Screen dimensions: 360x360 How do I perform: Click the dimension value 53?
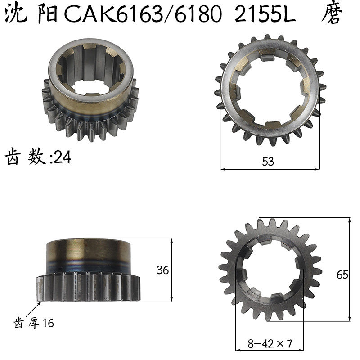pyautogui.click(x=268, y=162)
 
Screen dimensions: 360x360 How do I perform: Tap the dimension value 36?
pyautogui.click(x=162, y=270)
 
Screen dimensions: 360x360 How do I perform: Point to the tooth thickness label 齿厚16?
pyautogui.click(x=34, y=323)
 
